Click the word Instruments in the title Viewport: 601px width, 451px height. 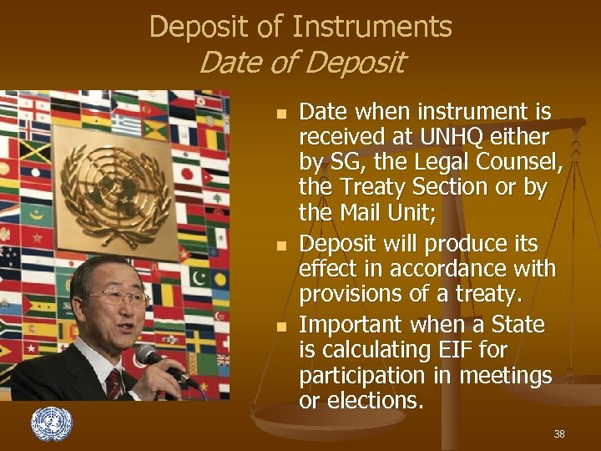(x=372, y=28)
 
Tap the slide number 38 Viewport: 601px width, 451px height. (x=558, y=434)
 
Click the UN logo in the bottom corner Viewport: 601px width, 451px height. (x=52, y=424)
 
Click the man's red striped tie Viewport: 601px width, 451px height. (x=114, y=384)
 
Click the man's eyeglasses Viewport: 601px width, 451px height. (x=117, y=296)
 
